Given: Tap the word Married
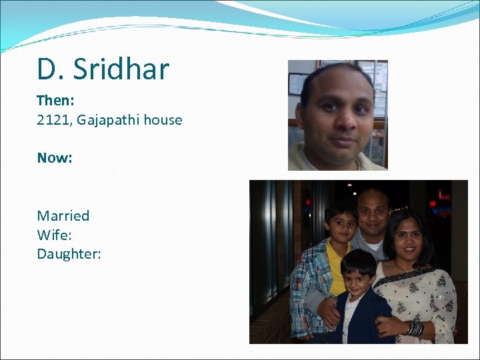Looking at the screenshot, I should click(x=63, y=215).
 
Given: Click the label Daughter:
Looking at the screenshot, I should click(x=69, y=254).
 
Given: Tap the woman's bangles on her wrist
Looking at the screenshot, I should click(x=415, y=328).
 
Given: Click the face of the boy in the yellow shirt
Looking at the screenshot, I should click(x=342, y=225).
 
